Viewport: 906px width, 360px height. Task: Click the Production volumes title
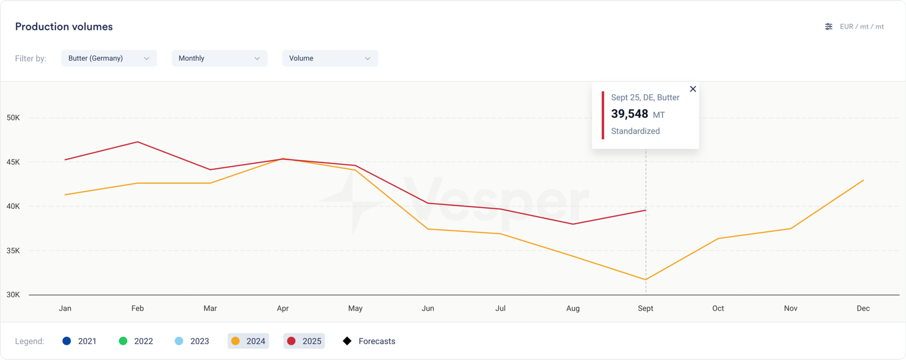pyautogui.click(x=63, y=27)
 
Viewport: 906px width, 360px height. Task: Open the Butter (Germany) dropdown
pyautogui.click(x=109, y=58)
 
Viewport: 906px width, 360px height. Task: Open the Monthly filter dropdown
pyautogui.click(x=219, y=58)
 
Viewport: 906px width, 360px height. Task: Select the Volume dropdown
pyautogui.click(x=330, y=58)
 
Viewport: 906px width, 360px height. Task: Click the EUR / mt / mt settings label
pyautogui.click(x=861, y=27)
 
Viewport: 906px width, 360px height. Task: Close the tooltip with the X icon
pyautogui.click(x=693, y=89)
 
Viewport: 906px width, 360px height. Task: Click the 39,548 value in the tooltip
pyautogui.click(x=629, y=114)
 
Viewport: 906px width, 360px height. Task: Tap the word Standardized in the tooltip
pyautogui.click(x=635, y=131)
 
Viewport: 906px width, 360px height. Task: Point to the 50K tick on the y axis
pyautogui.click(x=13, y=118)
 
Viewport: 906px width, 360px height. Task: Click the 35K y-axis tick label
pyautogui.click(x=13, y=250)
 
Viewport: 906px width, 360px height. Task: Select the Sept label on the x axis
pyautogui.click(x=645, y=308)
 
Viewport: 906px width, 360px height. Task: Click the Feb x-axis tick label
pyautogui.click(x=138, y=308)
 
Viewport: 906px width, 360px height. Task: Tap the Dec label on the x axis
pyautogui.click(x=863, y=308)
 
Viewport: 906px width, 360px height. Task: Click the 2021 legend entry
pyautogui.click(x=80, y=341)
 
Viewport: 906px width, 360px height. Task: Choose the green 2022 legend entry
pyautogui.click(x=136, y=341)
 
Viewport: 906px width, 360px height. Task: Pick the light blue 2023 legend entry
pyautogui.click(x=192, y=341)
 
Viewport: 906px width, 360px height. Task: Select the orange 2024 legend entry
pyautogui.click(x=248, y=341)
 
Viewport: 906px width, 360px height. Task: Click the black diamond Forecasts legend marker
pyautogui.click(x=347, y=341)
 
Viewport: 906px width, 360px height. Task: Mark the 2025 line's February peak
pyautogui.click(x=138, y=142)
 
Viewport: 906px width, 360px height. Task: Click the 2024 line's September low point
pyautogui.click(x=646, y=280)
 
